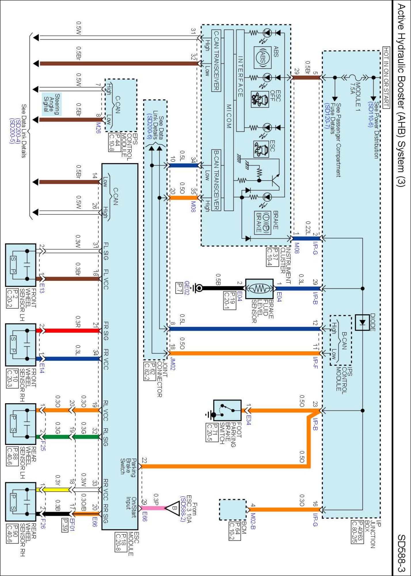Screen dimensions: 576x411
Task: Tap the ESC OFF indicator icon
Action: pos(260,99)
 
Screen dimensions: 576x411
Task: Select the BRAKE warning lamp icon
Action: pos(262,222)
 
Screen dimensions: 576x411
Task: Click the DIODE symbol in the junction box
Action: pos(362,323)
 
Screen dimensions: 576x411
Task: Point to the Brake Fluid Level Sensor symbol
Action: pos(259,288)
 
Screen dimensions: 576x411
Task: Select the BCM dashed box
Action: pos(233,509)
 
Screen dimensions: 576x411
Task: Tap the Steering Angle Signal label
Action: pos(52,104)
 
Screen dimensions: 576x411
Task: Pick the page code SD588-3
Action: pos(401,553)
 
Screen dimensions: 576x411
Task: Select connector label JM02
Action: pos(173,364)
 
